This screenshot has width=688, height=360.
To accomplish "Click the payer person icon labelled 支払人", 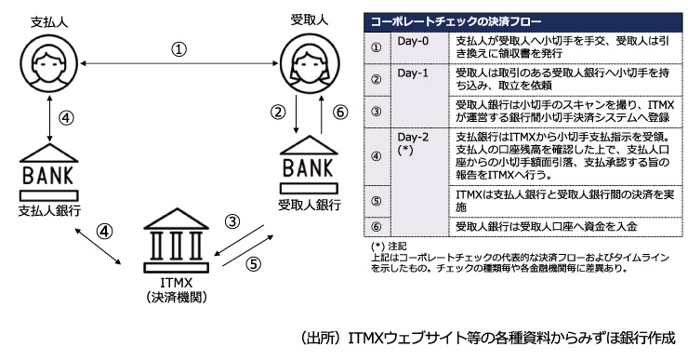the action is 48,63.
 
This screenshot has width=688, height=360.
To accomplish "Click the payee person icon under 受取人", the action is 310,62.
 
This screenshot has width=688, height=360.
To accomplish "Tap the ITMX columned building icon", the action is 177,241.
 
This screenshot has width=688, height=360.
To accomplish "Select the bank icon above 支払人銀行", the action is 48,172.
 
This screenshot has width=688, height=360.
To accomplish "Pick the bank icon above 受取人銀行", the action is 309,165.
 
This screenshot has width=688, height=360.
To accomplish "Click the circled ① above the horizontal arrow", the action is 179,49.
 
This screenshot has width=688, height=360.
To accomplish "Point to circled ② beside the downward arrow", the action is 278,112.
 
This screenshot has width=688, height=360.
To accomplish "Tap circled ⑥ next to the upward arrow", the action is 340,112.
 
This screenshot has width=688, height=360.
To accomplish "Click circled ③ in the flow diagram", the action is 232,221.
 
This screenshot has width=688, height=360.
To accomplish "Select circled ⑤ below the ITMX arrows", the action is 253,264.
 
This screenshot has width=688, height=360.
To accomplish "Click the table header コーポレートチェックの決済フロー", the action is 456,21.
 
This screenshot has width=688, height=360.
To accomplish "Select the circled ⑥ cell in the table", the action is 376,227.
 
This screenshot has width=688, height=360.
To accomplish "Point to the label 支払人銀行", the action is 49,210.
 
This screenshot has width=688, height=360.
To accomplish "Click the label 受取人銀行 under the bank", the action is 310,205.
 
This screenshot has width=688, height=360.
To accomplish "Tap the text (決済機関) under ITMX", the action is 177,298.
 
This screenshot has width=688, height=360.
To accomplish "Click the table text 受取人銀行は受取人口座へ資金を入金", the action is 546,227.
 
